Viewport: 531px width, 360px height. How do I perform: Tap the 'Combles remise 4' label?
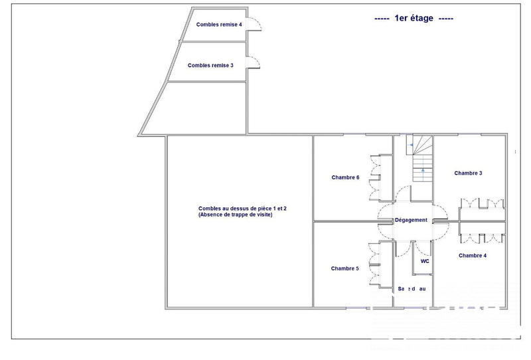tap(219, 25)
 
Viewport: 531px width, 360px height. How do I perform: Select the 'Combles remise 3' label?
tap(210, 66)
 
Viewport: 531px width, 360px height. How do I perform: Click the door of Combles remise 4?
tap(255, 24)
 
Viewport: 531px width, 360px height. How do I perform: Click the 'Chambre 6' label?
tap(345, 177)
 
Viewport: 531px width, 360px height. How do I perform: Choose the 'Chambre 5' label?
tap(345, 268)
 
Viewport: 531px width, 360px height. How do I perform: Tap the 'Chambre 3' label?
tap(468, 173)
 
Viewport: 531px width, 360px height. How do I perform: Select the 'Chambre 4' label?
tap(472, 255)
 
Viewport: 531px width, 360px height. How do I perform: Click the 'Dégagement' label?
tap(411, 220)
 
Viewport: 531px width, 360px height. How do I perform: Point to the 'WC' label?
tap(425, 261)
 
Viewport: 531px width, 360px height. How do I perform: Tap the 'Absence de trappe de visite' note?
tap(235, 215)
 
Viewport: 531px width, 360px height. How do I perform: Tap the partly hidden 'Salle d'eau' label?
tap(412, 289)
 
